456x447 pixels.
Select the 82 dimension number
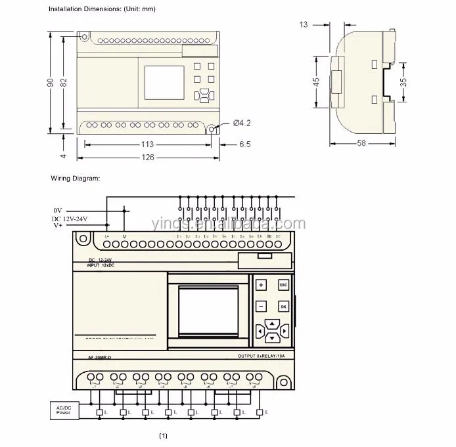64,82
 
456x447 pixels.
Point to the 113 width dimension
147,144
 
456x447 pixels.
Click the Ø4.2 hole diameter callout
242,123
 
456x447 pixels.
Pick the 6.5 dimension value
244,144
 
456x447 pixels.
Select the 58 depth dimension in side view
361,144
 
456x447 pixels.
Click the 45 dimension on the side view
317,82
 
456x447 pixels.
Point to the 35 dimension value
403,83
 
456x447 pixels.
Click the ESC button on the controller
283,285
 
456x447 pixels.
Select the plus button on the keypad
261,285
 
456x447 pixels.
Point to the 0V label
58,210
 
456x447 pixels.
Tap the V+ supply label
58,226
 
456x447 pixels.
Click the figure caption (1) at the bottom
164,436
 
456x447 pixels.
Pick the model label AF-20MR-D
100,357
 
